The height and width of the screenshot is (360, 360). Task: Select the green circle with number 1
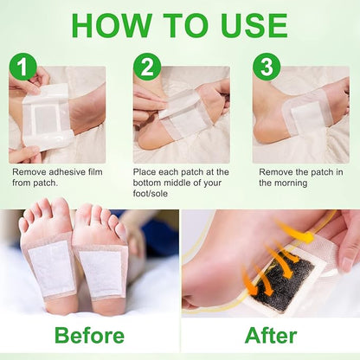tap(24, 67)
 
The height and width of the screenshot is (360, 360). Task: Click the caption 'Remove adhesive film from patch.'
tap(54, 177)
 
